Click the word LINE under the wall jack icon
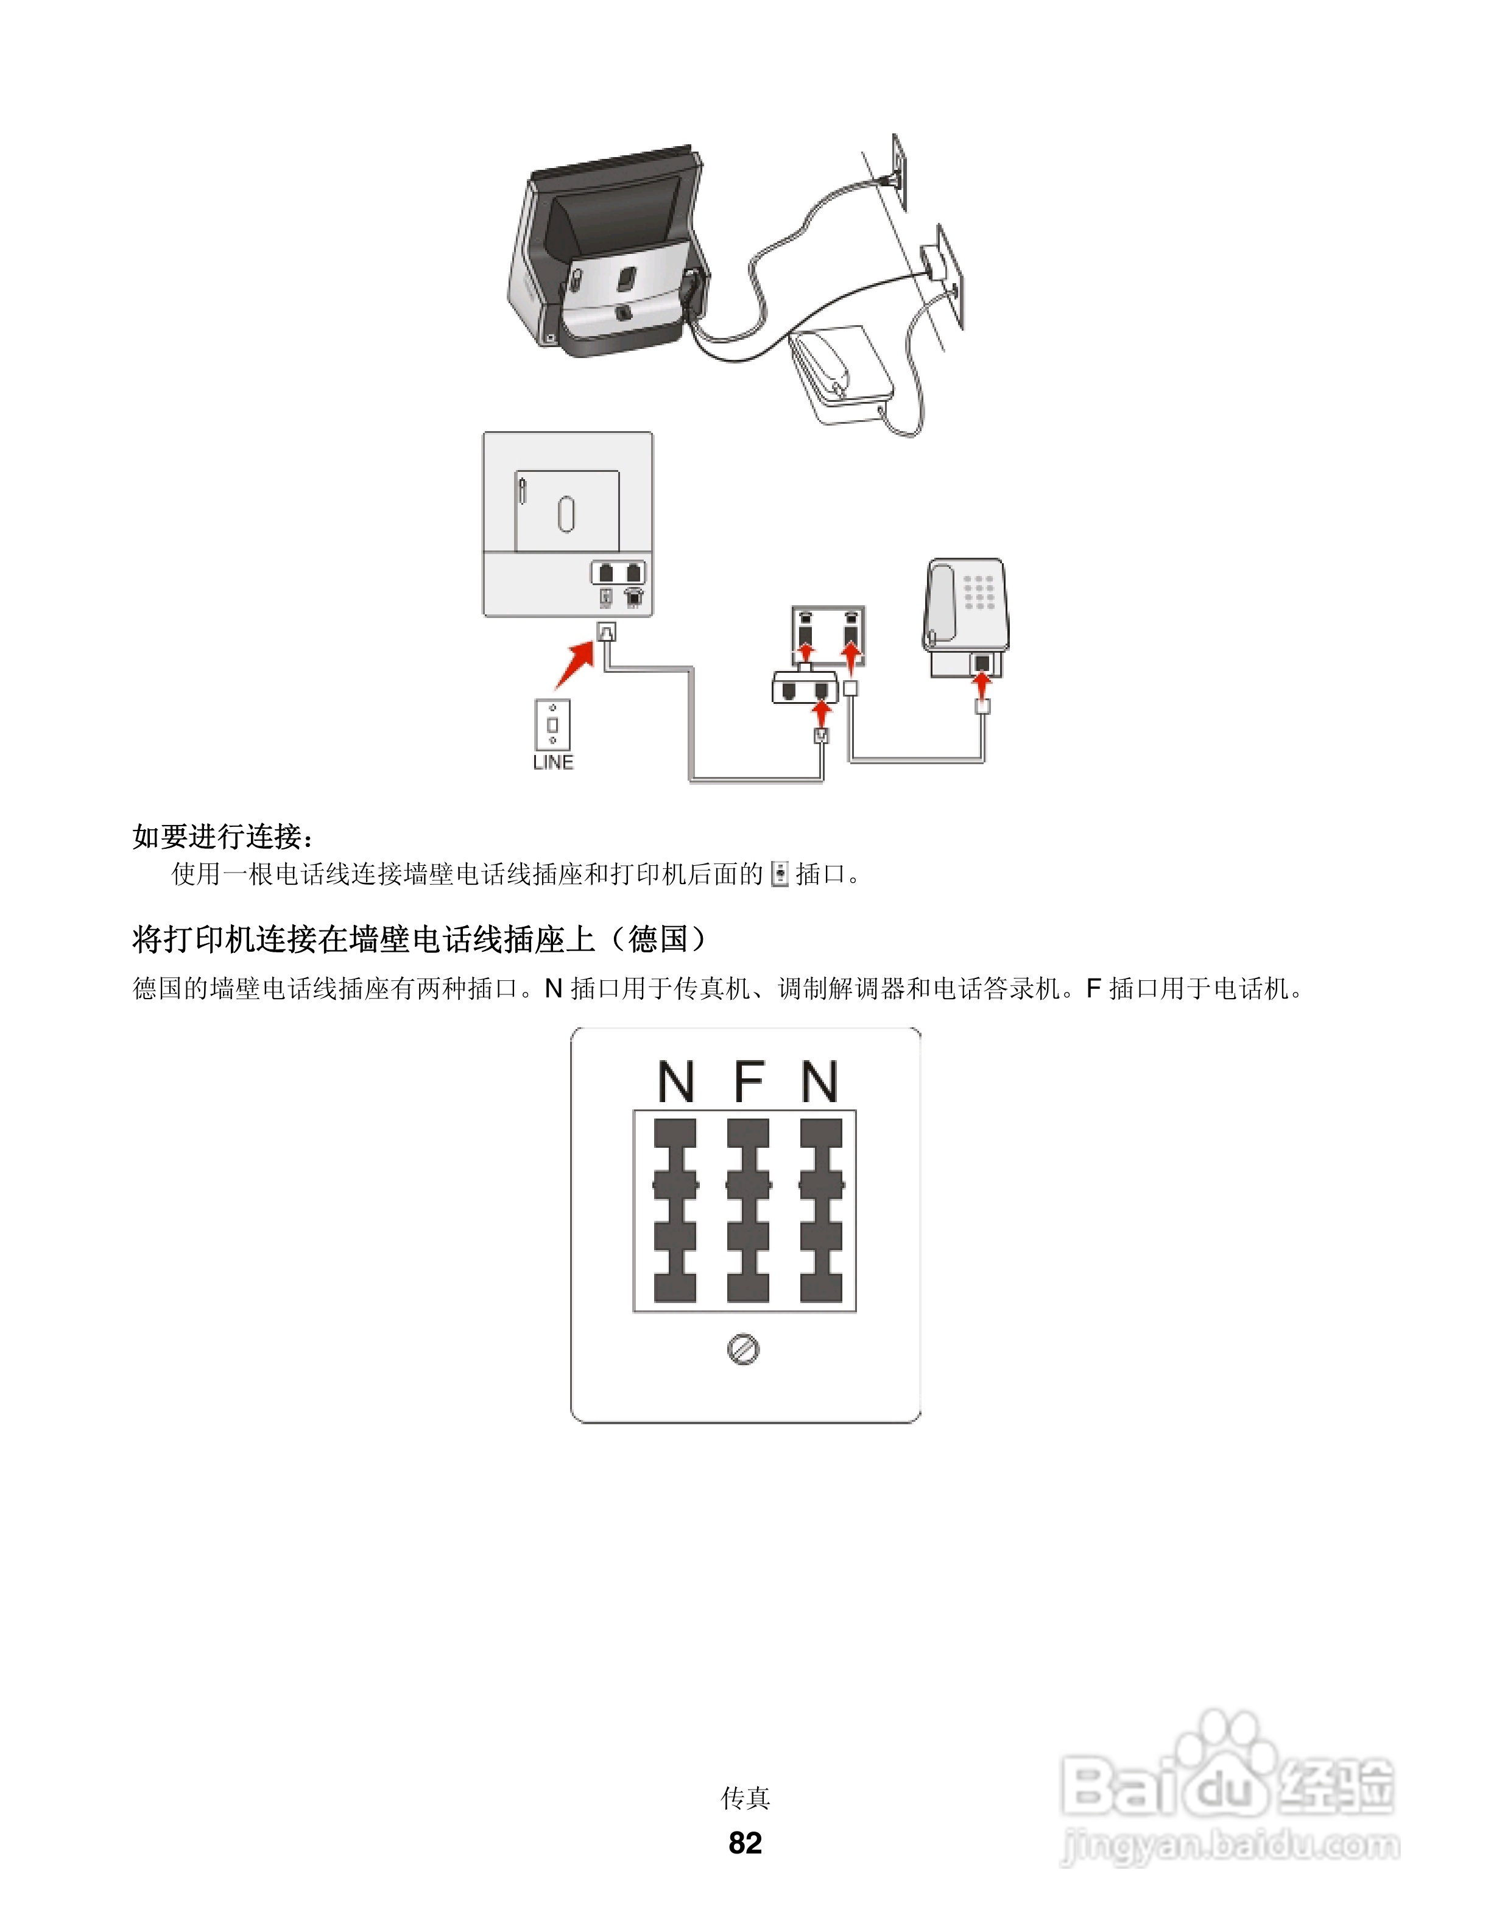coord(553,762)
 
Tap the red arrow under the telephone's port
coord(981,684)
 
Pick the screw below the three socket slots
coord(744,1349)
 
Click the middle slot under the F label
coord(748,1210)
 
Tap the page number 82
coord(745,1843)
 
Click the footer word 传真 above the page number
coord(745,1797)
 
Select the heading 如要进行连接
coord(222,835)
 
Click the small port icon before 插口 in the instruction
coord(779,874)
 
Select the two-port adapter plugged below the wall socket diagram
coord(804,687)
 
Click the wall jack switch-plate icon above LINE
coord(552,724)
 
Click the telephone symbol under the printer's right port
coord(634,598)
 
